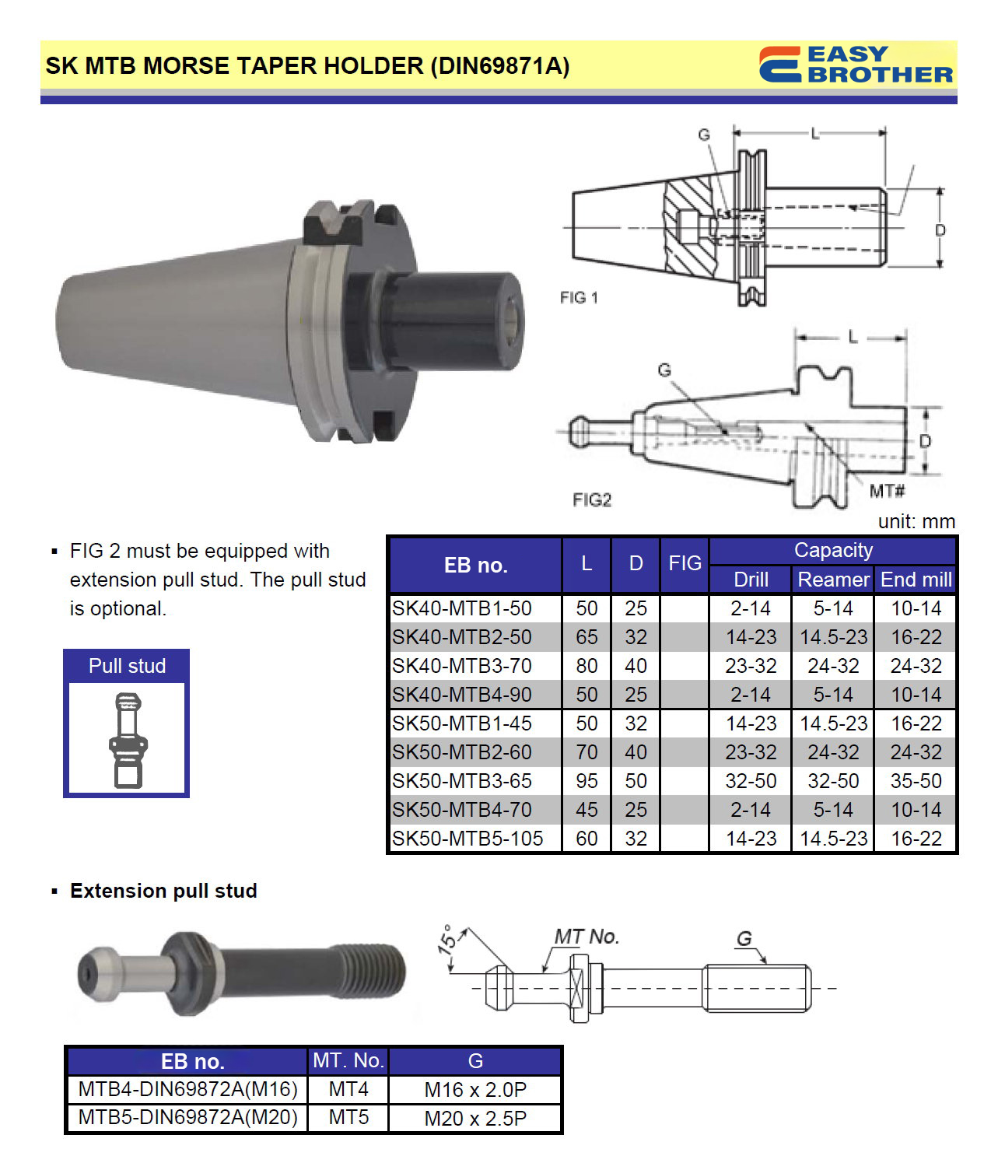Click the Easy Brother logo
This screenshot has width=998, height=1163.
(855, 64)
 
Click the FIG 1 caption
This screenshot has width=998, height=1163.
(578, 297)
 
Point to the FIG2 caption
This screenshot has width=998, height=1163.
(591, 499)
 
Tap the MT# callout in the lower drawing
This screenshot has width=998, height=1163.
(887, 491)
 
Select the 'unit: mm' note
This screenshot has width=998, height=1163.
(916, 521)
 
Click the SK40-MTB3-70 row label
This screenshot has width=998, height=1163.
(461, 666)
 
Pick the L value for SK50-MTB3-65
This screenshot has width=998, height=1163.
(587, 781)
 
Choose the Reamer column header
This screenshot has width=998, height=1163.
(833, 580)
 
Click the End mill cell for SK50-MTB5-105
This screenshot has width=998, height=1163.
(916, 839)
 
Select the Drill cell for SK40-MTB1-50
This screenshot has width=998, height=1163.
(751, 608)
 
